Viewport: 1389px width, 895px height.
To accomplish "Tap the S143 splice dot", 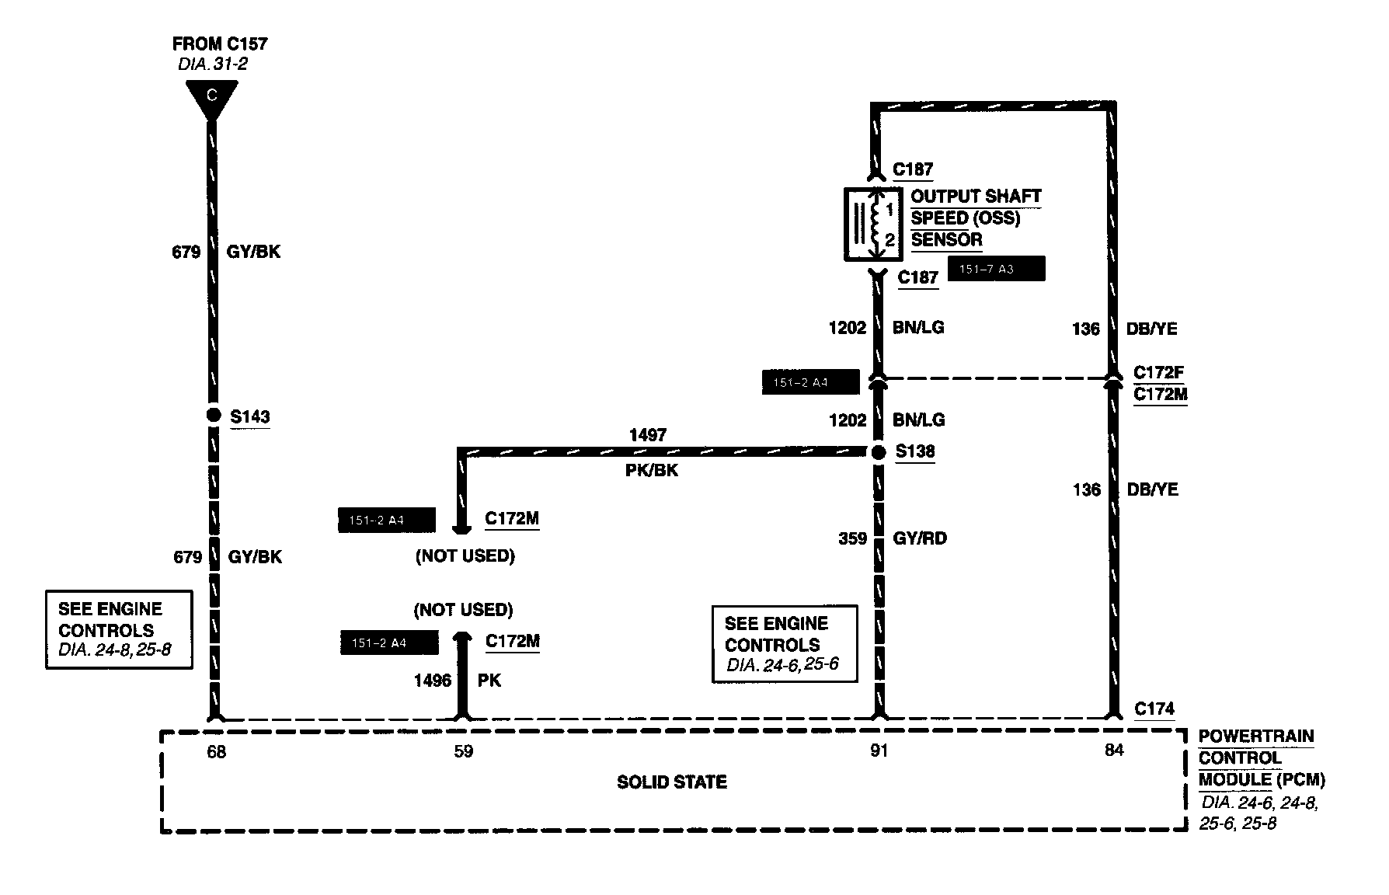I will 214,416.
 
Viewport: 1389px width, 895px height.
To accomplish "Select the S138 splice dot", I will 879,452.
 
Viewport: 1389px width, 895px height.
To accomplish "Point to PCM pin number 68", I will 216,752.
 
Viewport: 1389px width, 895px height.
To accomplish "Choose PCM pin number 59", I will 463,752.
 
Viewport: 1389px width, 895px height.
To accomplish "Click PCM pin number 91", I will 879,751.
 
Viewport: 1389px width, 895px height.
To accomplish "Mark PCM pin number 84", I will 1113,750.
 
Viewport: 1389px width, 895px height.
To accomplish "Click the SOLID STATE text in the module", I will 672,782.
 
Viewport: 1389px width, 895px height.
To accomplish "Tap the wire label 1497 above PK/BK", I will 648,435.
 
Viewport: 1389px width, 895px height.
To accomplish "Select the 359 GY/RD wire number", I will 853,538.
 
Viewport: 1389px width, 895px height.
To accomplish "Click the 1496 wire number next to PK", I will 433,681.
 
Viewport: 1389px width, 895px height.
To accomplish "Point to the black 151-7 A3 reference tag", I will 997,270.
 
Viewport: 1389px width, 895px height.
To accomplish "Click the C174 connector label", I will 1154,709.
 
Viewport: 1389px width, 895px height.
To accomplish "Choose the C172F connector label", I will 1159,372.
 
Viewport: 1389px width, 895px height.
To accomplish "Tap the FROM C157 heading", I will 220,44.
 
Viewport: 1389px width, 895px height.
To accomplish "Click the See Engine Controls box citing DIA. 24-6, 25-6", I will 785,644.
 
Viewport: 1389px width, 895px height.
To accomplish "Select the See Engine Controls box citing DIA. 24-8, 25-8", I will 118,629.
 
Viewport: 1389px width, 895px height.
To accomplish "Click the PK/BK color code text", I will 651,471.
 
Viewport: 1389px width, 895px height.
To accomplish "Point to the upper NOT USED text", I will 465,556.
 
